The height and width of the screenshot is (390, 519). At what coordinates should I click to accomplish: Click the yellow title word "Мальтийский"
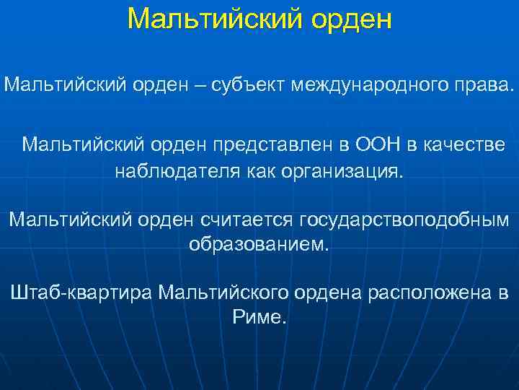(x=215, y=19)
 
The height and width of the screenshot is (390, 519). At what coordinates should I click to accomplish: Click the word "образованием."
(x=259, y=244)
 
